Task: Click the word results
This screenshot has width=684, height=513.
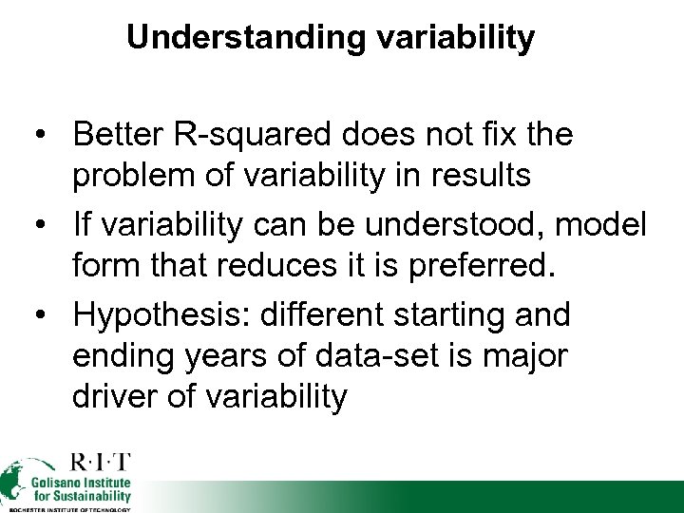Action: pyautogui.click(x=450, y=177)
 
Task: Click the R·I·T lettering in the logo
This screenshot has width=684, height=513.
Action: pyautogui.click(x=100, y=465)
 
